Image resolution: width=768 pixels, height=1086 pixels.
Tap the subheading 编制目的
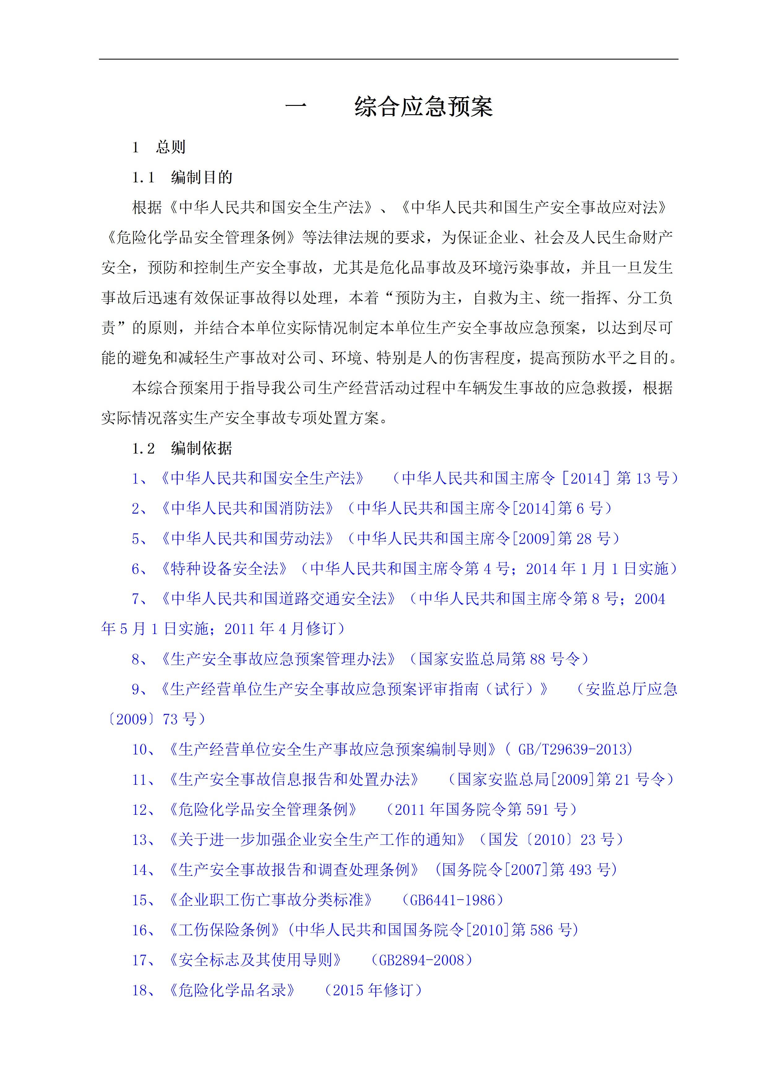point(202,177)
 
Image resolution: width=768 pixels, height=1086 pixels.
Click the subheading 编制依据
point(202,448)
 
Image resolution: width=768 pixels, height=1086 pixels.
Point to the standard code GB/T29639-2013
point(575,749)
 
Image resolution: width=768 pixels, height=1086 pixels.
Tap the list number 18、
point(144,990)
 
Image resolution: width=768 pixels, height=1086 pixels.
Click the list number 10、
point(144,749)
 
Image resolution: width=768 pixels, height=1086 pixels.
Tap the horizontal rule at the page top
point(388,59)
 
